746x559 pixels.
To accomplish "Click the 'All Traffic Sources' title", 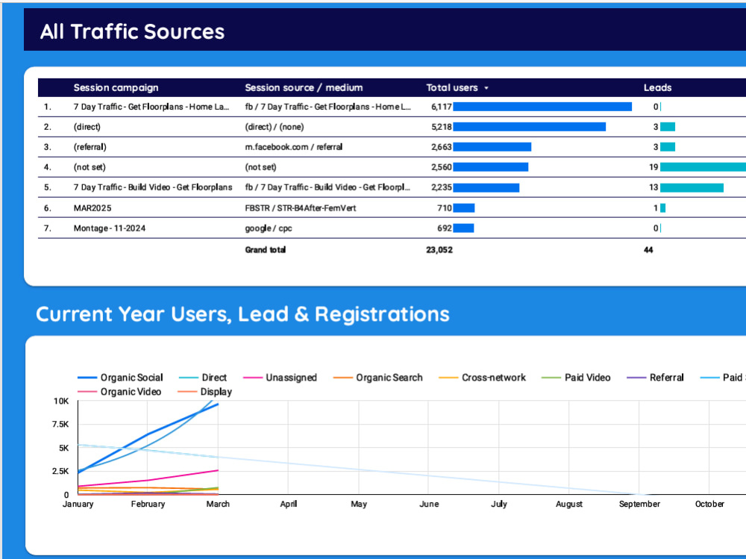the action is click(x=132, y=32).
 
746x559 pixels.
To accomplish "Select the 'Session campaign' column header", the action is click(x=116, y=87).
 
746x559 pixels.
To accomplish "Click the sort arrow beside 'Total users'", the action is click(x=486, y=88).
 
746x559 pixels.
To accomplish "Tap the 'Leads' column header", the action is click(x=657, y=87).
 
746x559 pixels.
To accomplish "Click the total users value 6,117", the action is click(x=441, y=107).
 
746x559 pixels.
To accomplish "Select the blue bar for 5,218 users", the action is click(x=529, y=127).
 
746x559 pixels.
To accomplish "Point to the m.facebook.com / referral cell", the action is click(x=293, y=147).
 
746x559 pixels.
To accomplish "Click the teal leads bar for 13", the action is click(x=692, y=187).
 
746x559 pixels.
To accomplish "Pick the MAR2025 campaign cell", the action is click(x=93, y=208).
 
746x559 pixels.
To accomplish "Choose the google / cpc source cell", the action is click(x=269, y=228).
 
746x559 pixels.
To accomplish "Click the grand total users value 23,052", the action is click(x=439, y=250).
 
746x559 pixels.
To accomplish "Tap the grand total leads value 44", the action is click(x=648, y=250).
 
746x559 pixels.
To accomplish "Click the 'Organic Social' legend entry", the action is click(x=120, y=378).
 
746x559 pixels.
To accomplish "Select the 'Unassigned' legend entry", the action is click(x=280, y=378).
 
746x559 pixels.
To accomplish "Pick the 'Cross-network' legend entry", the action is click(x=482, y=378).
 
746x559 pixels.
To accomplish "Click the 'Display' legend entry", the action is click(x=204, y=392).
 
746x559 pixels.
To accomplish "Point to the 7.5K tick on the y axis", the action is click(x=60, y=424).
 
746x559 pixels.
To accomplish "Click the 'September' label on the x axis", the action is click(x=639, y=504).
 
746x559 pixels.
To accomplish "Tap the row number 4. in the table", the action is click(x=47, y=167).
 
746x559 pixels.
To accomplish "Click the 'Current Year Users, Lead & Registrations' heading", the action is click(x=242, y=314).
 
